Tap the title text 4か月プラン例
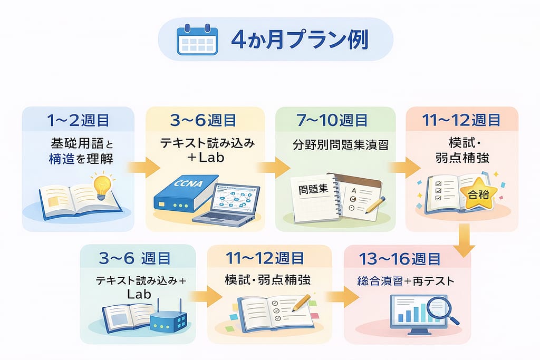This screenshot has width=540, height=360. point(300,40)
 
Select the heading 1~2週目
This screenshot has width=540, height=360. point(78,120)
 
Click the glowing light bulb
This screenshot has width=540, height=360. point(102,184)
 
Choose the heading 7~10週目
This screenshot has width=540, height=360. point(335,120)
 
